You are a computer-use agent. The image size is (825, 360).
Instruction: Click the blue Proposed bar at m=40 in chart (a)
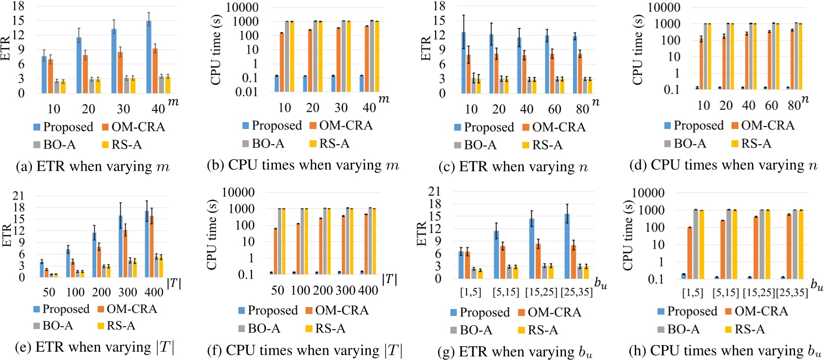pyautogui.click(x=149, y=57)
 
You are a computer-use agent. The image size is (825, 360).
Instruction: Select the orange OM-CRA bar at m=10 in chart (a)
pyautogui.click(x=51, y=77)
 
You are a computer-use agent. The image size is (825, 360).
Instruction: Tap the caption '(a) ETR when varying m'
pyautogui.click(x=93, y=167)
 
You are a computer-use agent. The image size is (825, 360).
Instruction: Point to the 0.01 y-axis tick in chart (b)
pyautogui.click(x=246, y=92)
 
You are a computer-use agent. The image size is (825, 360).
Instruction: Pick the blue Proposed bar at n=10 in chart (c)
pyautogui.click(x=464, y=63)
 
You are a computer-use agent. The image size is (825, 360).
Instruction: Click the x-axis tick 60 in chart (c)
pyautogui.click(x=555, y=109)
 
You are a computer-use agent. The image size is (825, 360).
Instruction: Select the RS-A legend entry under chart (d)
pyautogui.click(x=751, y=143)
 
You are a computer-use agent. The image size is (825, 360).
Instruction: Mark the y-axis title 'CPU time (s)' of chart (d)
pyautogui.click(x=638, y=49)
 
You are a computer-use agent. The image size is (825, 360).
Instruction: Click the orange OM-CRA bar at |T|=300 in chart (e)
pyautogui.click(x=125, y=254)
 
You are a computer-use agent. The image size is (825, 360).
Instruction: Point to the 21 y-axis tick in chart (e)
pyautogui.click(x=19, y=196)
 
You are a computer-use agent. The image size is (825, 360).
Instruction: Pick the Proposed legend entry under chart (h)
pyautogui.click(x=688, y=311)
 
